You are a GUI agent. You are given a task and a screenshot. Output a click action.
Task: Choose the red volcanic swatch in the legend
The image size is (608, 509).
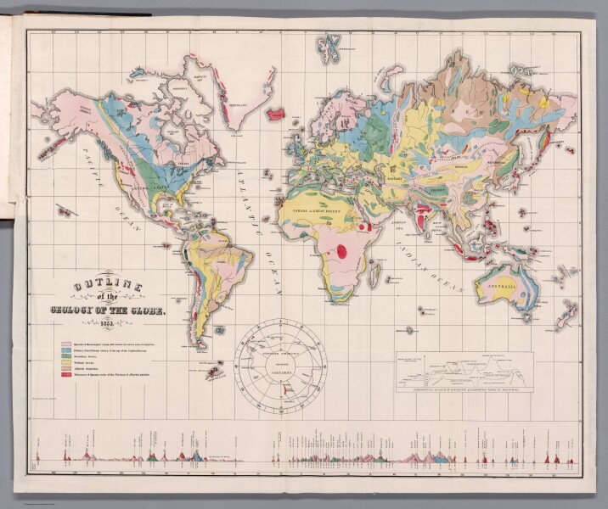pos(65,374)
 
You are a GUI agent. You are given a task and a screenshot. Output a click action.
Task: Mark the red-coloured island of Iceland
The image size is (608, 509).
pos(276,114)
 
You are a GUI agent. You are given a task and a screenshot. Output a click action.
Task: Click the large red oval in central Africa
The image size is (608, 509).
pos(342,250)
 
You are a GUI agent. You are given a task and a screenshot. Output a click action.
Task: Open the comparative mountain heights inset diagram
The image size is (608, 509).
pos(464,371)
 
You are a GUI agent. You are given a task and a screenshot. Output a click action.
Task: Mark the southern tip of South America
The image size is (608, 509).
pos(200,345)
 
